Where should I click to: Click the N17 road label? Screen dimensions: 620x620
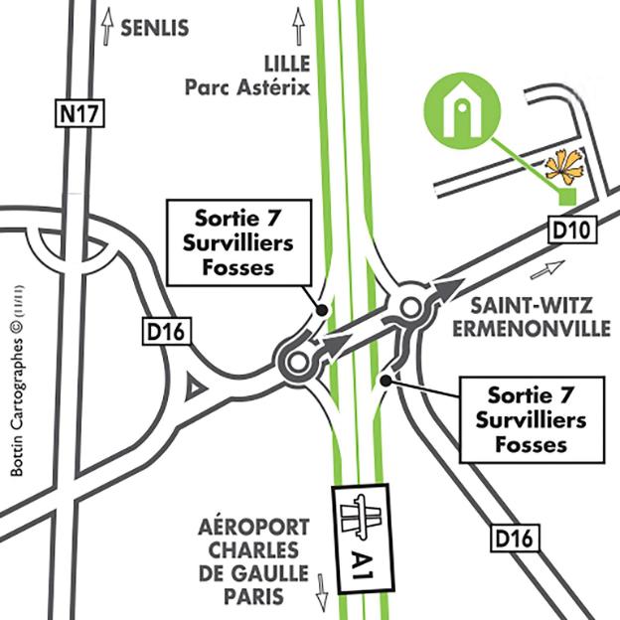(78, 114)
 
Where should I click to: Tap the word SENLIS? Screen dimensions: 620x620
(154, 29)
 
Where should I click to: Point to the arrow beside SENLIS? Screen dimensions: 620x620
(105, 27)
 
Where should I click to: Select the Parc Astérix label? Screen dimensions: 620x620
(247, 87)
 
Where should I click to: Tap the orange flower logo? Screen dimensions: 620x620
(562, 165)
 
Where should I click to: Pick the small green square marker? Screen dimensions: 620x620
(566, 198)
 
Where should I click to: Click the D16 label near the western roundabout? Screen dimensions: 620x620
(167, 332)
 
